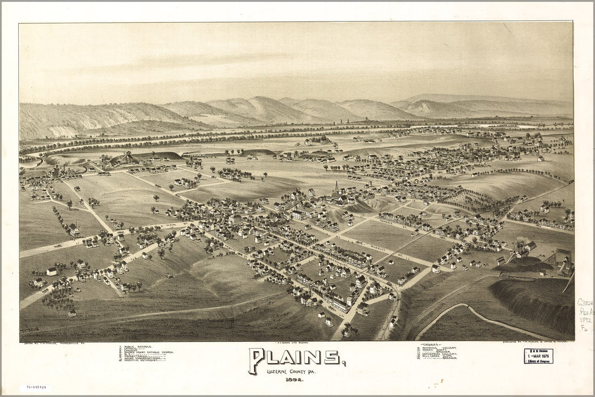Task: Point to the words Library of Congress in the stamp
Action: coord(539,361)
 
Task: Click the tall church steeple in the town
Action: coord(336,187)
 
